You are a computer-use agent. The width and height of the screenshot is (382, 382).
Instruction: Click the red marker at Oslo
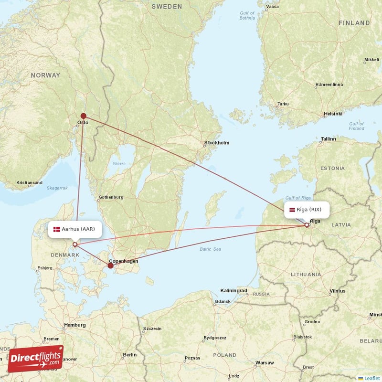pyautogui.click(x=84, y=116)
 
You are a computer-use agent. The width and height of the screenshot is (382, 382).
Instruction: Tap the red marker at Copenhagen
pyautogui.click(x=110, y=265)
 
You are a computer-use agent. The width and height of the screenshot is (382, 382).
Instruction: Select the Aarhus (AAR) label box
pyautogui.click(x=74, y=229)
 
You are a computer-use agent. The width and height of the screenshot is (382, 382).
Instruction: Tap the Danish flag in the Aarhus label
pyautogui.click(x=57, y=229)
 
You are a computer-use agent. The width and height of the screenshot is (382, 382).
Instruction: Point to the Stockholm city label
pyautogui.click(x=217, y=143)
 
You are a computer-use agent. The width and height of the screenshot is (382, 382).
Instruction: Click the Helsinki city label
pyautogui.click(x=333, y=114)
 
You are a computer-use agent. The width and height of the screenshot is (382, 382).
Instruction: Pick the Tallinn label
pyautogui.click(x=328, y=139)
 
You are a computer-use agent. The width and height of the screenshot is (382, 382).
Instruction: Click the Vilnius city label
pyautogui.click(x=337, y=290)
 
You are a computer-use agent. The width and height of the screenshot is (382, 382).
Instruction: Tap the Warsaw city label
pyautogui.click(x=265, y=363)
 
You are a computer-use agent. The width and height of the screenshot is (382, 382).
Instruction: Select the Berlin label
pyautogui.click(x=129, y=355)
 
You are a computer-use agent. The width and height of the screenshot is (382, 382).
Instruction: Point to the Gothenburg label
pyautogui.click(x=111, y=197)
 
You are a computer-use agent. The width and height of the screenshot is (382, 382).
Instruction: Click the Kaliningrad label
pyautogui.click(x=234, y=290)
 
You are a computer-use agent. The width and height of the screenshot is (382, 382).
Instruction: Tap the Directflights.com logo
pyautogui.click(x=35, y=359)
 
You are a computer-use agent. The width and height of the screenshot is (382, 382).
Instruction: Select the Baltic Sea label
pyautogui.click(x=211, y=249)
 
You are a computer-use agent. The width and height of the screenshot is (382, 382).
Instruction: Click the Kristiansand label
pyautogui.click(x=29, y=183)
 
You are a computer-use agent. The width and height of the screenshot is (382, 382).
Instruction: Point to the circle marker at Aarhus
pyautogui.click(x=74, y=244)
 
